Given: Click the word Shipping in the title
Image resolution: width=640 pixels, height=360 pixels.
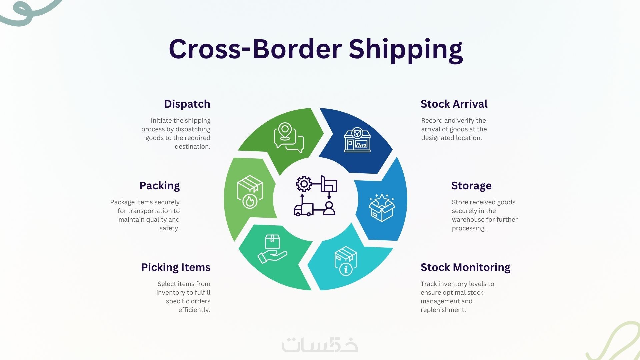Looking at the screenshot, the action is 406,50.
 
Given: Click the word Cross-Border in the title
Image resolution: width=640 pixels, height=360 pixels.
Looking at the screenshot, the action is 255,49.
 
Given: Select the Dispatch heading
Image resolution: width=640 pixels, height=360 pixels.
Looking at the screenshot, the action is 187,104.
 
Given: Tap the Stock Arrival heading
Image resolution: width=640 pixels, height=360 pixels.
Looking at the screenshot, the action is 454,104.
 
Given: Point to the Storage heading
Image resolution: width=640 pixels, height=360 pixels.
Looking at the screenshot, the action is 471,186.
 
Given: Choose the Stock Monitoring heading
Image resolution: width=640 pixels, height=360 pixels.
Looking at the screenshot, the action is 465,267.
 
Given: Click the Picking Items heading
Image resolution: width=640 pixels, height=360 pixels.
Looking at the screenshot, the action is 176,267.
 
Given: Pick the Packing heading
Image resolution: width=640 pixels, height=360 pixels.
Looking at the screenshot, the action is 160,186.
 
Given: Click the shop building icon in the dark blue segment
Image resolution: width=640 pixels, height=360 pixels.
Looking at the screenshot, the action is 357,140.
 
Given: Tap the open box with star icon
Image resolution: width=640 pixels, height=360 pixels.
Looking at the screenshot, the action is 382,208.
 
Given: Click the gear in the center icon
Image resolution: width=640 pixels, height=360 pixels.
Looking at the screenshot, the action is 304,184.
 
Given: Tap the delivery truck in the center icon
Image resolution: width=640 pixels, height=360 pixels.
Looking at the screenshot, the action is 304,210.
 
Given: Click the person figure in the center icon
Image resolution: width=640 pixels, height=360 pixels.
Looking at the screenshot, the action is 329,208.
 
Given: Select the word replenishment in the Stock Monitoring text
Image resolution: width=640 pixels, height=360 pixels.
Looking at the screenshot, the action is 443,310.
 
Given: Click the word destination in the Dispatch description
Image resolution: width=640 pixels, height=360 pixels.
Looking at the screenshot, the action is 193,147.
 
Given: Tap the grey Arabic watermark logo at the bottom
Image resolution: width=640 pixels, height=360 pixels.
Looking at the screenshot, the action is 320,345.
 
